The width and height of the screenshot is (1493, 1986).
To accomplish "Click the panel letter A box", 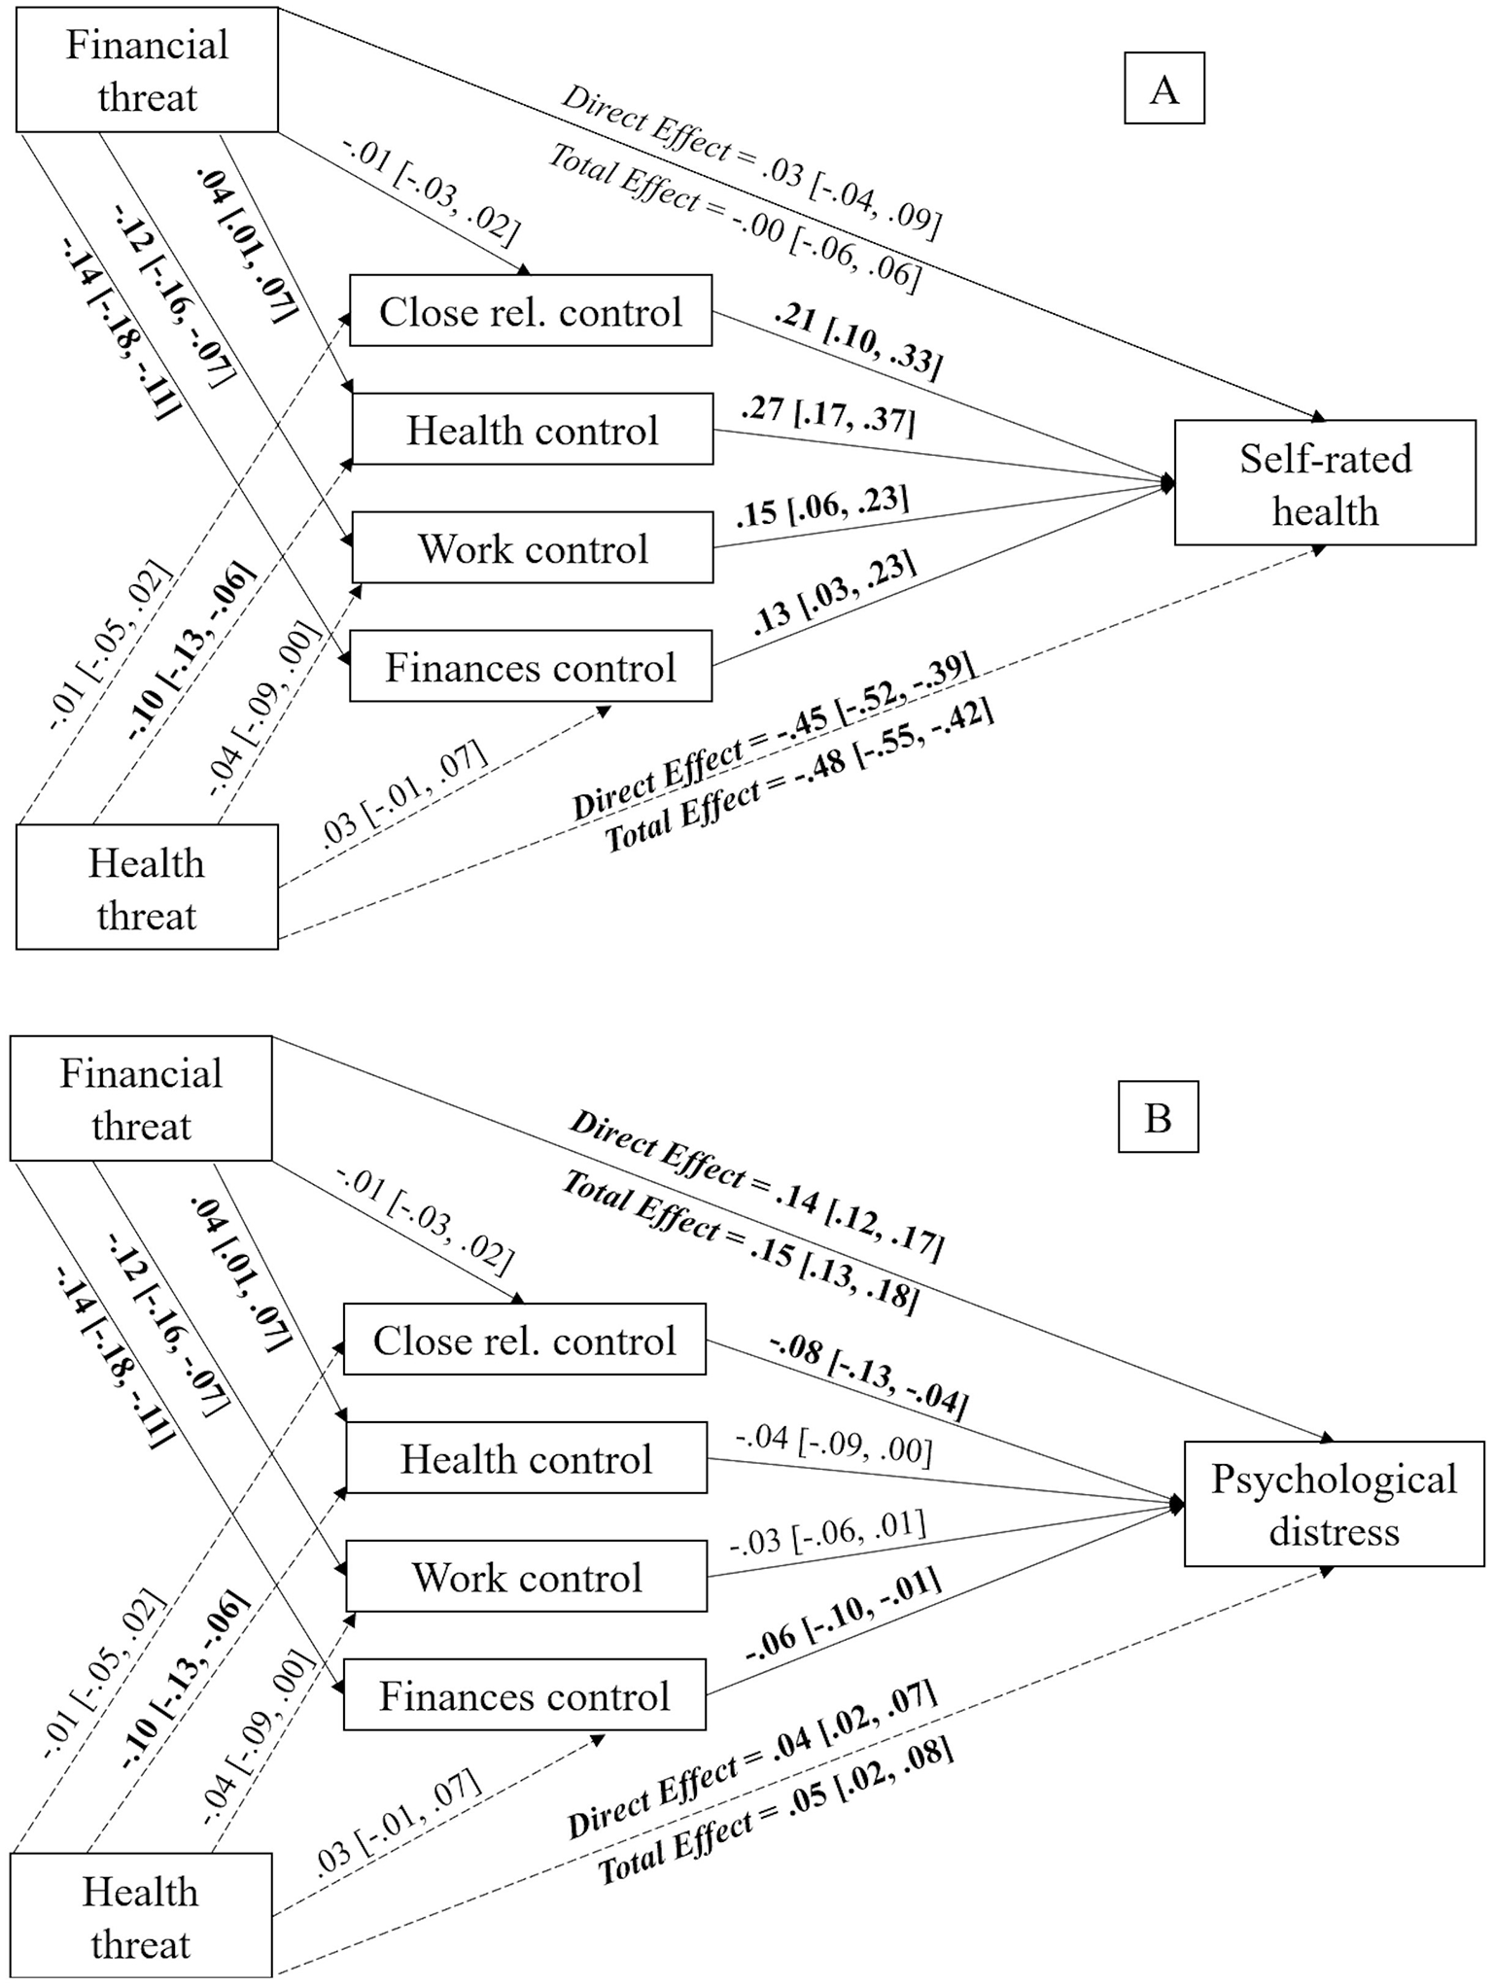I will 1163,89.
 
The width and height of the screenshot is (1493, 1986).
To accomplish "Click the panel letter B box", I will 1158,1118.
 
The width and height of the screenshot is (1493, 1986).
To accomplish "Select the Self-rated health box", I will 1325,483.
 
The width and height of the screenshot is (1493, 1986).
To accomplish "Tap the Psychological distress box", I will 1334,1504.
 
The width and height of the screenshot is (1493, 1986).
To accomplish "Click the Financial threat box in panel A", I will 147,70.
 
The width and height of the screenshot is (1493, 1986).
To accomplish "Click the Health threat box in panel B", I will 141,1917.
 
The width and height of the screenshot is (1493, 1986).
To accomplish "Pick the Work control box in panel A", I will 532,548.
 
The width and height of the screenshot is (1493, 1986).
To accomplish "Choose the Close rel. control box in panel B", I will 524,1340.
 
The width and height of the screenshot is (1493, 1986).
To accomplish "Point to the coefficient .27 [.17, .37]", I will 827,416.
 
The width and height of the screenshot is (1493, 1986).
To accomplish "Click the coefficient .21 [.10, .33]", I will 857,341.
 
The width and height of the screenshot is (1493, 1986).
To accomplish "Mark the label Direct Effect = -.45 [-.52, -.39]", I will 774,736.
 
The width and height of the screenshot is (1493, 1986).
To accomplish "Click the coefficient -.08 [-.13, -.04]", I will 869,1376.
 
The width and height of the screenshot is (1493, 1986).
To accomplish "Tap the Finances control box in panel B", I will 524,1696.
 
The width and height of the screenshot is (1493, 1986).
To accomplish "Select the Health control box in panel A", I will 532,430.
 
